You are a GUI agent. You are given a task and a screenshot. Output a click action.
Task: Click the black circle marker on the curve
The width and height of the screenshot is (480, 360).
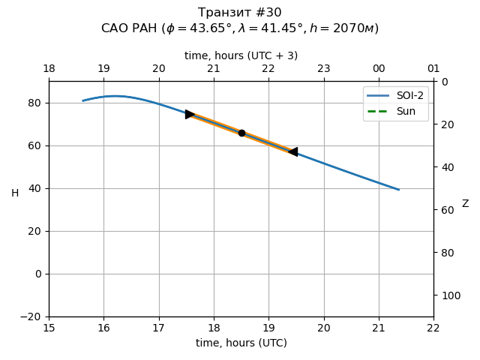pyautogui.click(x=241, y=133)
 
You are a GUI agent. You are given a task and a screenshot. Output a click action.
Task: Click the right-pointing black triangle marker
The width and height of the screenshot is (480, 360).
pyautogui.click(x=190, y=114)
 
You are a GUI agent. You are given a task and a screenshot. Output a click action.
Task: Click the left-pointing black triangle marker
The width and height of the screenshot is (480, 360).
pyautogui.click(x=292, y=151)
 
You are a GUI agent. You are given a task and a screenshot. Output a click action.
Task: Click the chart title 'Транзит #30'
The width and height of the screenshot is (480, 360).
pyautogui.click(x=240, y=13)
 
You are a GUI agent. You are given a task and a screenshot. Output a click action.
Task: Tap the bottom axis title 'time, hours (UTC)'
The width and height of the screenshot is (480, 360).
pyautogui.click(x=241, y=343)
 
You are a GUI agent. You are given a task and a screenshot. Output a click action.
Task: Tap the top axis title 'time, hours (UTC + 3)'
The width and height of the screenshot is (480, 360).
pyautogui.click(x=241, y=55)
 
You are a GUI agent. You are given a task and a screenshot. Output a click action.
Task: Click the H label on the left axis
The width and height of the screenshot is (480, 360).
pyautogui.click(x=15, y=193)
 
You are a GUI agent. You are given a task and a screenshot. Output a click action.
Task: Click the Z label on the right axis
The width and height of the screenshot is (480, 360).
pyautogui.click(x=465, y=204)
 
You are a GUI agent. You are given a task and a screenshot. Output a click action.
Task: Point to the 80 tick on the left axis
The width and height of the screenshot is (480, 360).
pyautogui.click(x=37, y=103)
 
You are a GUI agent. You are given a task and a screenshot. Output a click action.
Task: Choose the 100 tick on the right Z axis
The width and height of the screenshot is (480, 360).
pyautogui.click(x=447, y=295)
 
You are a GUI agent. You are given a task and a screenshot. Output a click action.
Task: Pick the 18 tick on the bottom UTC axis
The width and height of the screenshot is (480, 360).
pyautogui.click(x=214, y=328)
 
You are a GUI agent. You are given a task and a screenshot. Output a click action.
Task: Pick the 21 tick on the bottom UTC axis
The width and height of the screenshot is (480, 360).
pyautogui.click(x=379, y=328)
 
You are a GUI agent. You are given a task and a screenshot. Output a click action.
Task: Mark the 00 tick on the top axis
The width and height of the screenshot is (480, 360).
pyautogui.click(x=379, y=69)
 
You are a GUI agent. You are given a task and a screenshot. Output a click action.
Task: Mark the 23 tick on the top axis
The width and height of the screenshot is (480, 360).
pyautogui.click(x=323, y=69)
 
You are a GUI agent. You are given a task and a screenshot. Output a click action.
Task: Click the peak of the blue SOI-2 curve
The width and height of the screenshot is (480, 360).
pyautogui.click(x=115, y=96)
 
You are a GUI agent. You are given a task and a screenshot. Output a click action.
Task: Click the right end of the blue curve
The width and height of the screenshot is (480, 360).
pyautogui.click(x=398, y=190)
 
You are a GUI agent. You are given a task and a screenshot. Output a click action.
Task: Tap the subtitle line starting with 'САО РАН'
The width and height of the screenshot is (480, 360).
pyautogui.click(x=240, y=28)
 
